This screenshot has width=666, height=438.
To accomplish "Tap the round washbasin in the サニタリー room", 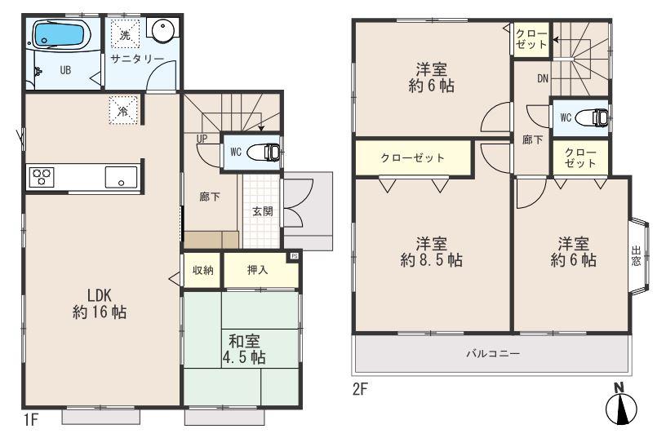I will [162, 33].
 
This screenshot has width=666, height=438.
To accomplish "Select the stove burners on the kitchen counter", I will [42, 175].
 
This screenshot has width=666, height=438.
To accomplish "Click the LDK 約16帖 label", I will [100, 303].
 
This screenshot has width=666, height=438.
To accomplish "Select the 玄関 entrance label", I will [262, 211].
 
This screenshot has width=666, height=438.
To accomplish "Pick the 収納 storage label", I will [203, 270].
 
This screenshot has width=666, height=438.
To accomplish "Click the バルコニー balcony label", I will [492, 353].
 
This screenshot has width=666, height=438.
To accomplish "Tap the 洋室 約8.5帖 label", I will [432, 252].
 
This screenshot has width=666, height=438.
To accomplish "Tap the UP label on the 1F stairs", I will [201, 139].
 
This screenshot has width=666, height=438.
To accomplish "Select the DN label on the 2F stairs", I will [542, 79].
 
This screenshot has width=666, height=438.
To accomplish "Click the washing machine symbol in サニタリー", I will [125, 35].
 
